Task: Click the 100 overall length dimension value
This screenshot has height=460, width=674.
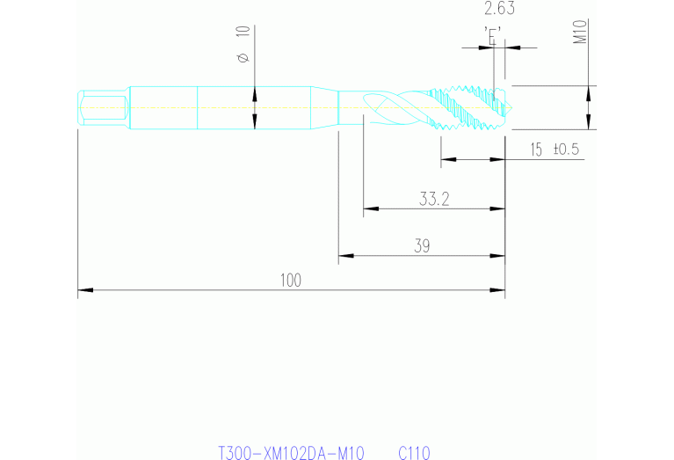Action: (x=291, y=280)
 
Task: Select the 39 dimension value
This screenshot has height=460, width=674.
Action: (x=422, y=245)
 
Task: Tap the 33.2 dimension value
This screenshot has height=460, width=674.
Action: (x=434, y=199)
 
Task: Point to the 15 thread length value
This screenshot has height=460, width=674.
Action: (x=536, y=150)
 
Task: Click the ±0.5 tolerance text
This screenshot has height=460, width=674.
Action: (x=567, y=150)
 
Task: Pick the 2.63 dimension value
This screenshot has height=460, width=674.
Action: (x=499, y=8)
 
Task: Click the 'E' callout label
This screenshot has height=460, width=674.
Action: (x=493, y=35)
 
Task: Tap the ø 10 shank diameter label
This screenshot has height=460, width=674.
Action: (x=243, y=44)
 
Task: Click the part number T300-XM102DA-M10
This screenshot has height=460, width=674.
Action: (x=292, y=453)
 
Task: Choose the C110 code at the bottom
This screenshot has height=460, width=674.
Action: (x=414, y=453)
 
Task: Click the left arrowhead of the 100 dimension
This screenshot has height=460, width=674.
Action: (x=85, y=290)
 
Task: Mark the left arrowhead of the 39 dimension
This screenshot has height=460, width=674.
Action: (x=346, y=256)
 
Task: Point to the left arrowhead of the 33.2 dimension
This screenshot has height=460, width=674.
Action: (x=371, y=208)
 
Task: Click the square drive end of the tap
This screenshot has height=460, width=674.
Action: (x=103, y=108)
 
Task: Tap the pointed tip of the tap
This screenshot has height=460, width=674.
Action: (x=511, y=107)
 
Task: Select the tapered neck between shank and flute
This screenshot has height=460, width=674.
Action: (x=324, y=107)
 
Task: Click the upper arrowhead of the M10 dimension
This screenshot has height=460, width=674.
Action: (x=589, y=93)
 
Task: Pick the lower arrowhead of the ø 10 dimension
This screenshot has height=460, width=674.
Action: (x=255, y=121)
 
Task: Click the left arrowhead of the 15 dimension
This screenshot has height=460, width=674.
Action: (x=448, y=160)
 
